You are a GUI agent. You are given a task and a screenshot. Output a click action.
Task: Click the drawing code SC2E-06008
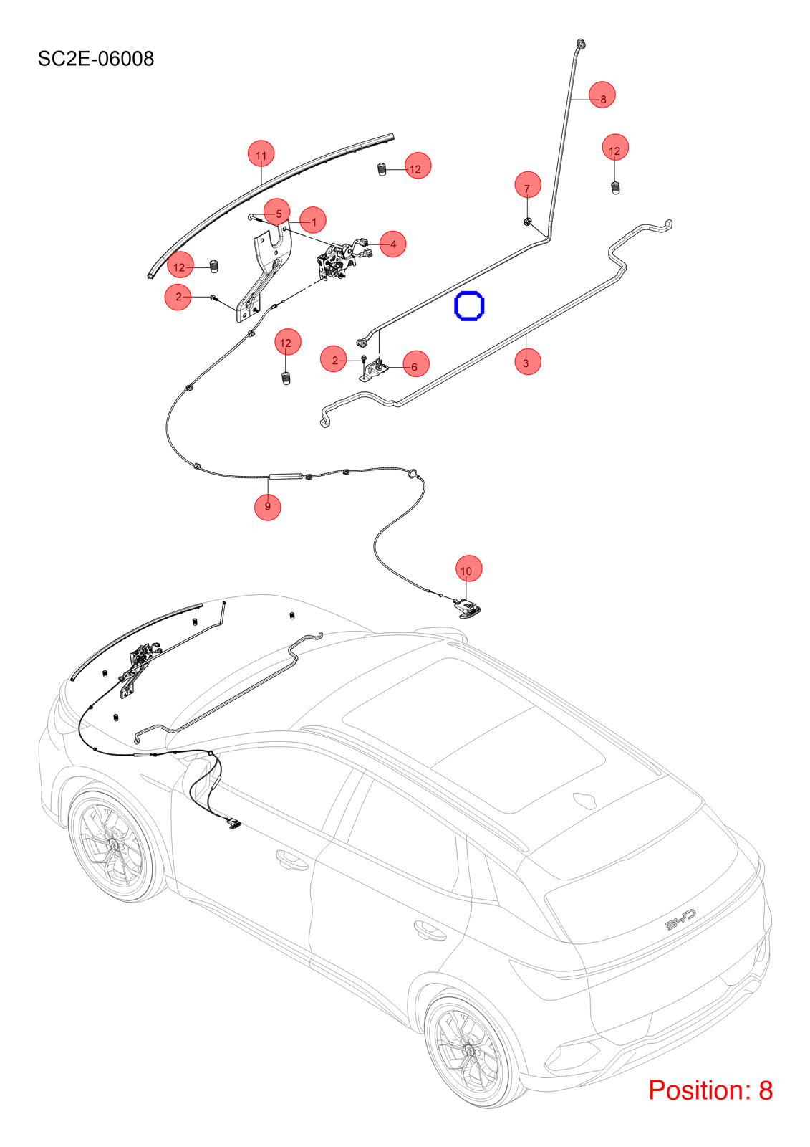point(96,59)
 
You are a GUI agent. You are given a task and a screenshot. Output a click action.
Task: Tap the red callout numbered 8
point(602,95)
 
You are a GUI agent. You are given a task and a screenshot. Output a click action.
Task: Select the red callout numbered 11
point(261,153)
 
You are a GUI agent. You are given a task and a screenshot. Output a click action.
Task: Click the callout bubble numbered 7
point(528,185)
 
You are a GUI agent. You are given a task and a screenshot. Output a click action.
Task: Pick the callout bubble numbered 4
point(393,244)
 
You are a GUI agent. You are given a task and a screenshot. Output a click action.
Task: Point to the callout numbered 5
point(277,211)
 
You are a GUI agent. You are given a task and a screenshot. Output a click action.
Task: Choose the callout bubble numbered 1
point(313,220)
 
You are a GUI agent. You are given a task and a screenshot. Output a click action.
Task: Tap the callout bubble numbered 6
point(416,363)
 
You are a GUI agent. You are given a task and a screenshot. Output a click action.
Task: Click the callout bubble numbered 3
point(528,361)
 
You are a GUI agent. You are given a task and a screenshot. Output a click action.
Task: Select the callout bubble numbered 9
point(268,507)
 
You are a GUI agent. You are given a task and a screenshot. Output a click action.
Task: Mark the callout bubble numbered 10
point(468,568)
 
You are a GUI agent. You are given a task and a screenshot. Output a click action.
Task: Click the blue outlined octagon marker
point(469,305)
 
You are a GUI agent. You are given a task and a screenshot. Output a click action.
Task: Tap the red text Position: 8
point(710,1090)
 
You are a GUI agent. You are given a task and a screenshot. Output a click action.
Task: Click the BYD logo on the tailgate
point(680,920)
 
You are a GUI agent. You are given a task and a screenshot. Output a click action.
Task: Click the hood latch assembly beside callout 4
point(336,262)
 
